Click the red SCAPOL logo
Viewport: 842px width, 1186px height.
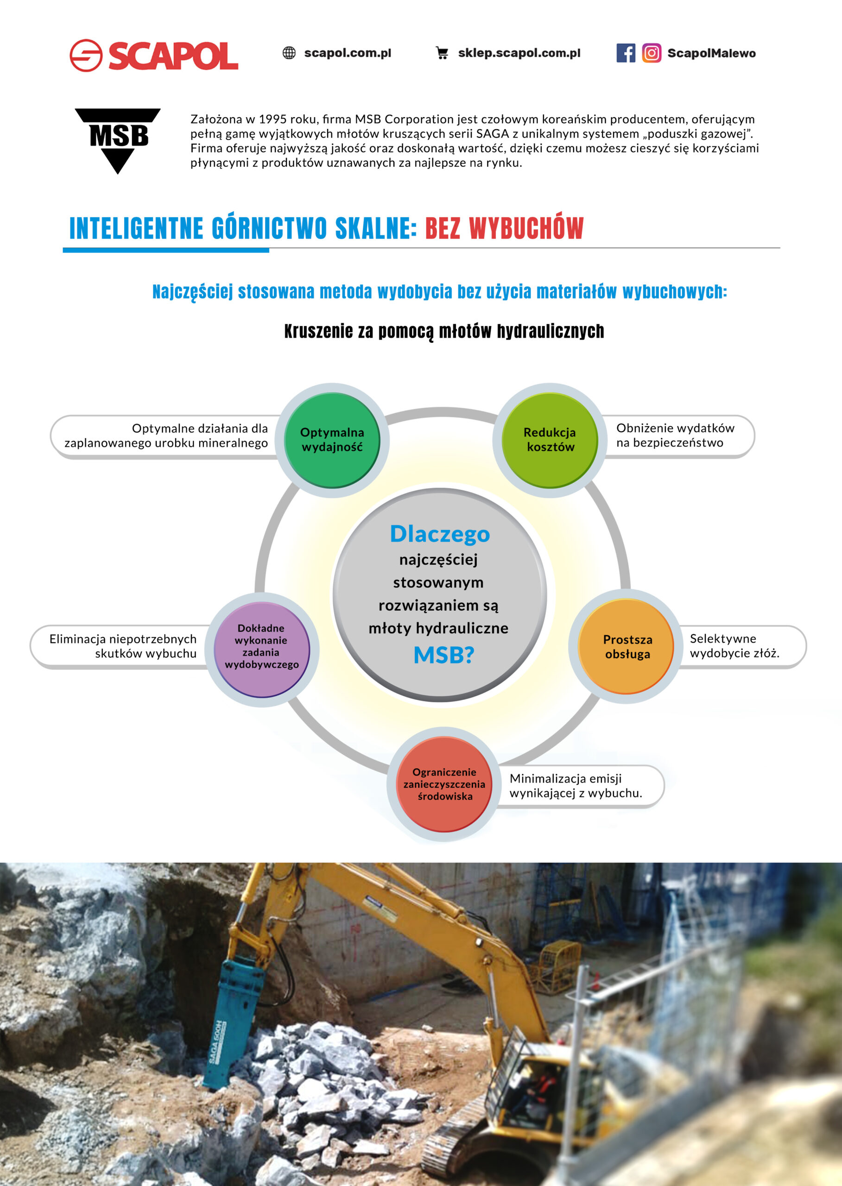click(153, 55)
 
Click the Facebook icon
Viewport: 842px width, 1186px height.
click(626, 53)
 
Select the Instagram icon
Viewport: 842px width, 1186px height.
click(652, 53)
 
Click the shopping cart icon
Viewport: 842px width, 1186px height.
click(442, 53)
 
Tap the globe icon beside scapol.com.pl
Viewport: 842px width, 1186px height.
click(289, 53)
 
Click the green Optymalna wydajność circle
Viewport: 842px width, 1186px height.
click(332, 440)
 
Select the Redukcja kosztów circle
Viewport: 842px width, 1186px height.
click(550, 440)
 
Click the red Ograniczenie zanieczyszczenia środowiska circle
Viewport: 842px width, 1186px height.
click(444, 784)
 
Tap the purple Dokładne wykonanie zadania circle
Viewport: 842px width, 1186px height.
click(262, 650)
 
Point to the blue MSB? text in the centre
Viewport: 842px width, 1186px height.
click(444, 655)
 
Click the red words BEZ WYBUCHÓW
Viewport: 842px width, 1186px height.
click(505, 228)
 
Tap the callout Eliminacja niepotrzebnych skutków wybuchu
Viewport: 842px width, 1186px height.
click(122, 646)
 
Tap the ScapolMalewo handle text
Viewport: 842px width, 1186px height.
click(711, 53)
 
